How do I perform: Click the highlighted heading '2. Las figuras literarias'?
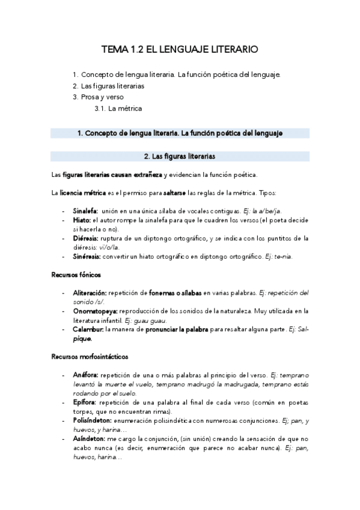(180, 156)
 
